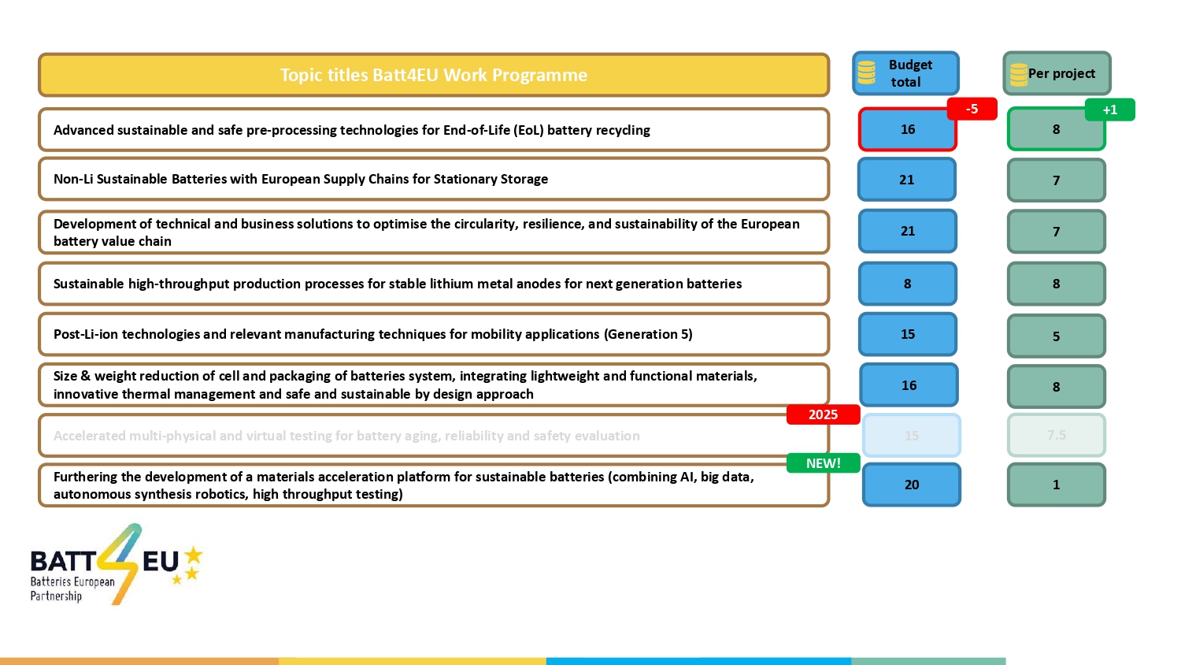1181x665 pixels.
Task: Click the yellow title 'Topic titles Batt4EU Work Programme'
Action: click(x=434, y=75)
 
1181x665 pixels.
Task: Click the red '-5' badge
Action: click(x=972, y=109)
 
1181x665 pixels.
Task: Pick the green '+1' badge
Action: click(x=1109, y=110)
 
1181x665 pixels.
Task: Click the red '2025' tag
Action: click(x=823, y=414)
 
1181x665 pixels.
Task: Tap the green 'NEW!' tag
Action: click(x=823, y=463)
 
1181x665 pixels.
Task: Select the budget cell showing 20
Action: click(x=911, y=485)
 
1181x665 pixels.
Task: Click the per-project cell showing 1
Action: click(x=1056, y=485)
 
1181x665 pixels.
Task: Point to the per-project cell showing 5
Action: click(x=1056, y=336)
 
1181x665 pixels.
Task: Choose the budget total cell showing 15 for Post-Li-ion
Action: click(x=907, y=334)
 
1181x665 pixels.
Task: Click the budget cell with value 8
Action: click(x=907, y=284)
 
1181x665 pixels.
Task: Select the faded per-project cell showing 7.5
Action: click(x=1056, y=435)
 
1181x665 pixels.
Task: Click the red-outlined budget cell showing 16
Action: click(x=907, y=129)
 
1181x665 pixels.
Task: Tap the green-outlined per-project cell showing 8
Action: click(x=1056, y=129)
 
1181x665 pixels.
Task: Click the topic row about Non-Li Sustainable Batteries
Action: click(x=433, y=179)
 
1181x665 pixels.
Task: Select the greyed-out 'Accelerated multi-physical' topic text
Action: click(x=346, y=436)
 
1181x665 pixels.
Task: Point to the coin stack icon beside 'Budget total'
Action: click(x=867, y=72)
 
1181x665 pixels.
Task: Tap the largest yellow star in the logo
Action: click(x=193, y=555)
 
